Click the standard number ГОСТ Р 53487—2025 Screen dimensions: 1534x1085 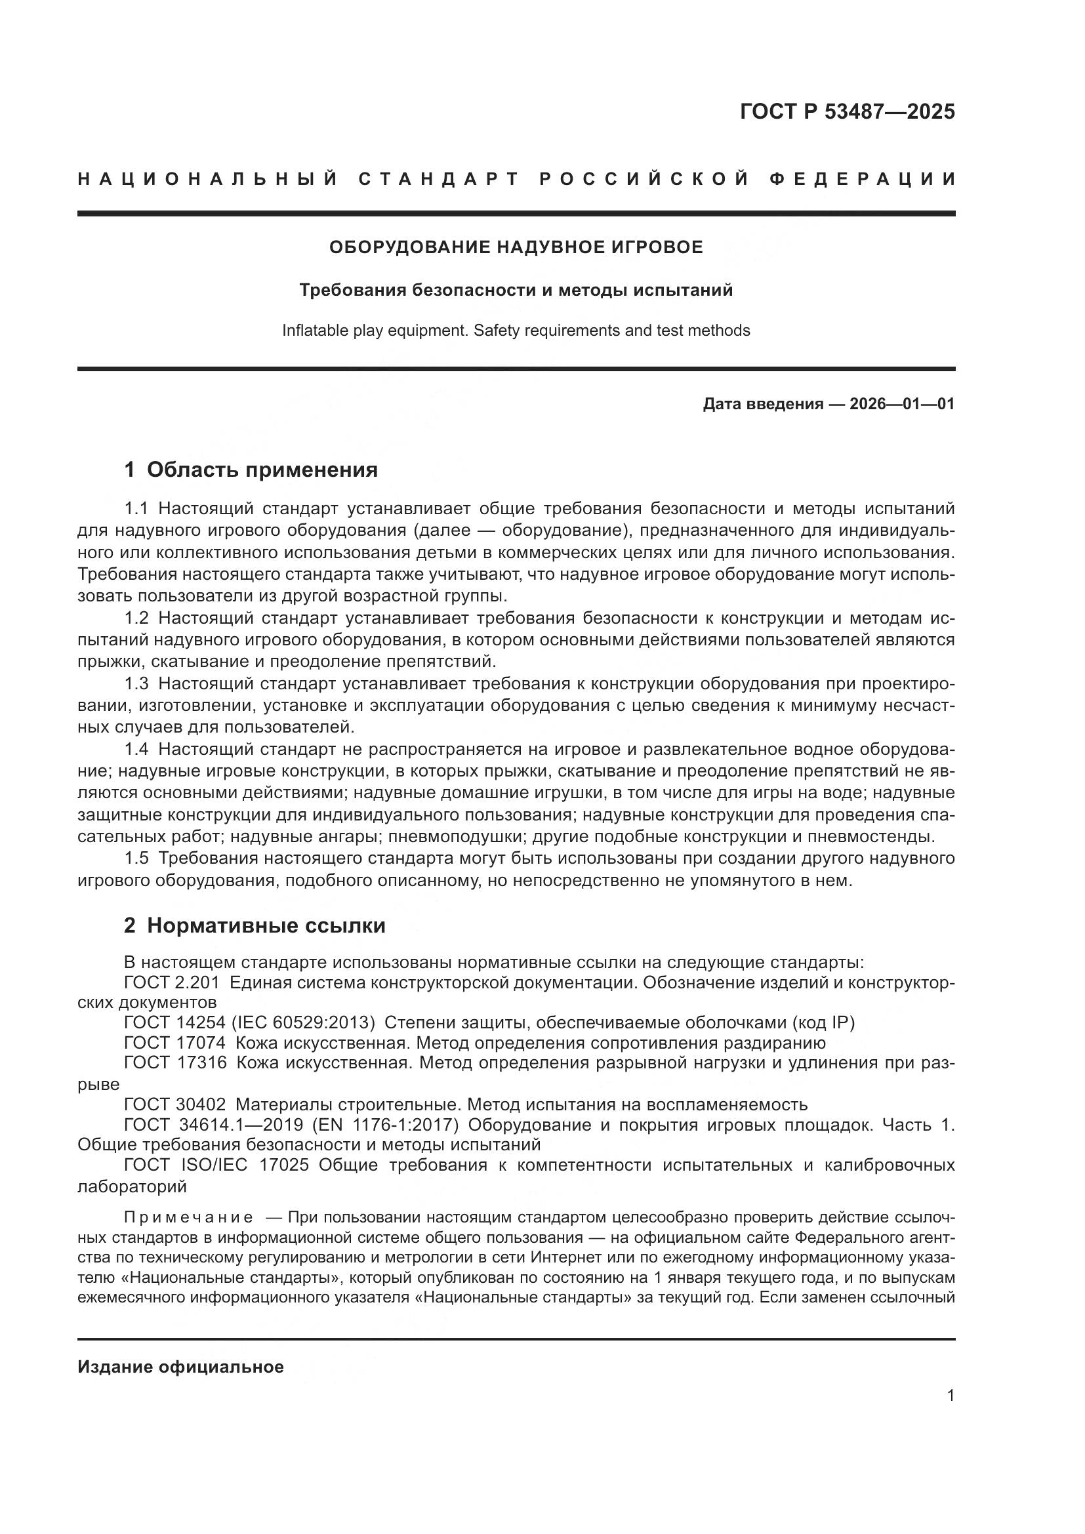(x=847, y=111)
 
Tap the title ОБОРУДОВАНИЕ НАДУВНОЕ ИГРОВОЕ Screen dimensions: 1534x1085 (x=516, y=248)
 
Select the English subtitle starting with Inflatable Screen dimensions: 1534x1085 (x=516, y=331)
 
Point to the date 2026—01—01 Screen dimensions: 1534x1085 (x=902, y=404)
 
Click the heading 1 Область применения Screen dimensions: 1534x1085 (x=251, y=470)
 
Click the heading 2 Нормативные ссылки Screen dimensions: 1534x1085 (x=255, y=926)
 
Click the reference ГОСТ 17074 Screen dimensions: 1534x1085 (x=175, y=1043)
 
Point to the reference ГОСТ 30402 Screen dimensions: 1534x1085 (x=175, y=1104)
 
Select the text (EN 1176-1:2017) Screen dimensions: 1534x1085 (x=387, y=1125)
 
